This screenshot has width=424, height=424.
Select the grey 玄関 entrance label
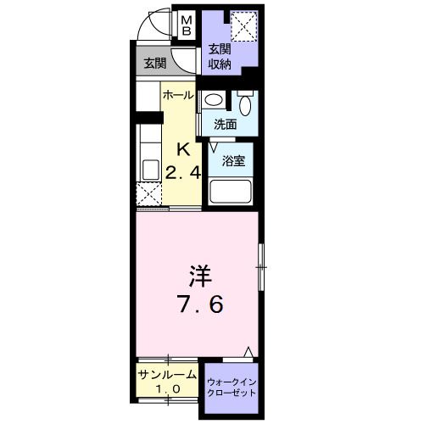click(x=153, y=64)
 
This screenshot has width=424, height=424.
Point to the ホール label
click(x=178, y=96)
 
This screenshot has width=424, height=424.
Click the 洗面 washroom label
click(x=225, y=124)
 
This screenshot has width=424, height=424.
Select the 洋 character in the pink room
click(x=200, y=276)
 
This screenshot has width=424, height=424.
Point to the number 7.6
click(x=201, y=304)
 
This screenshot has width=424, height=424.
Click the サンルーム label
click(x=167, y=374)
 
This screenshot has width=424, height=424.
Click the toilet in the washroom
click(x=247, y=104)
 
